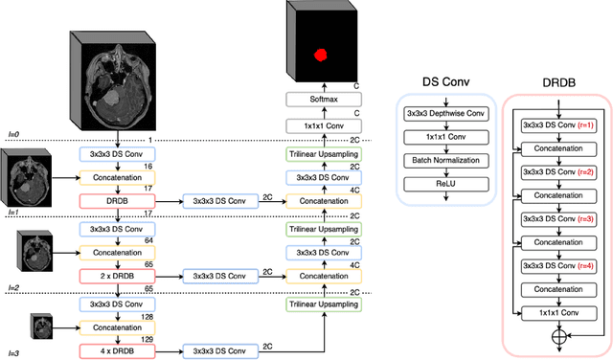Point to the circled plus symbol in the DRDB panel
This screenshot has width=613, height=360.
(x=556, y=337)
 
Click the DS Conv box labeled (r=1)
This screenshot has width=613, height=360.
(x=556, y=125)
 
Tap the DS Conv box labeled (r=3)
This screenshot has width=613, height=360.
(x=556, y=218)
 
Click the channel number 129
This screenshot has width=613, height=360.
(x=147, y=340)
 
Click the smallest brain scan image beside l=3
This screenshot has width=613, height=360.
(x=42, y=326)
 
